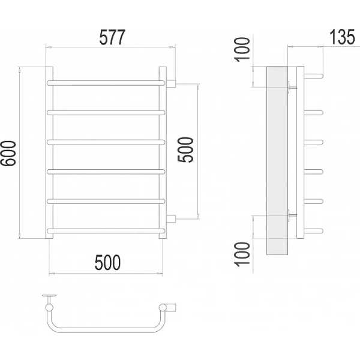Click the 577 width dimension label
112,37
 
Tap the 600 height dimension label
8,153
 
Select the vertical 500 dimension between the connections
185,149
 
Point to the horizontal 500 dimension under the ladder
107,262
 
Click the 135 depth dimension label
342,37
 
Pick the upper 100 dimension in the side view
242,49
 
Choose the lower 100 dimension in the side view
242,254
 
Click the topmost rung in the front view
106,83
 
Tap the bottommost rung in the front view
106,231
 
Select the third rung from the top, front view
106,142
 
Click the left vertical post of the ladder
49,152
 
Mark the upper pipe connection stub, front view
171,84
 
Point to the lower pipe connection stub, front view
171,219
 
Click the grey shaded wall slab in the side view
277,160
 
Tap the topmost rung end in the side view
314,76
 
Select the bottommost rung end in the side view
314,231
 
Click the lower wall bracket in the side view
292,215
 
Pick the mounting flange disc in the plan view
49,295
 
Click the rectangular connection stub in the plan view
171,308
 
